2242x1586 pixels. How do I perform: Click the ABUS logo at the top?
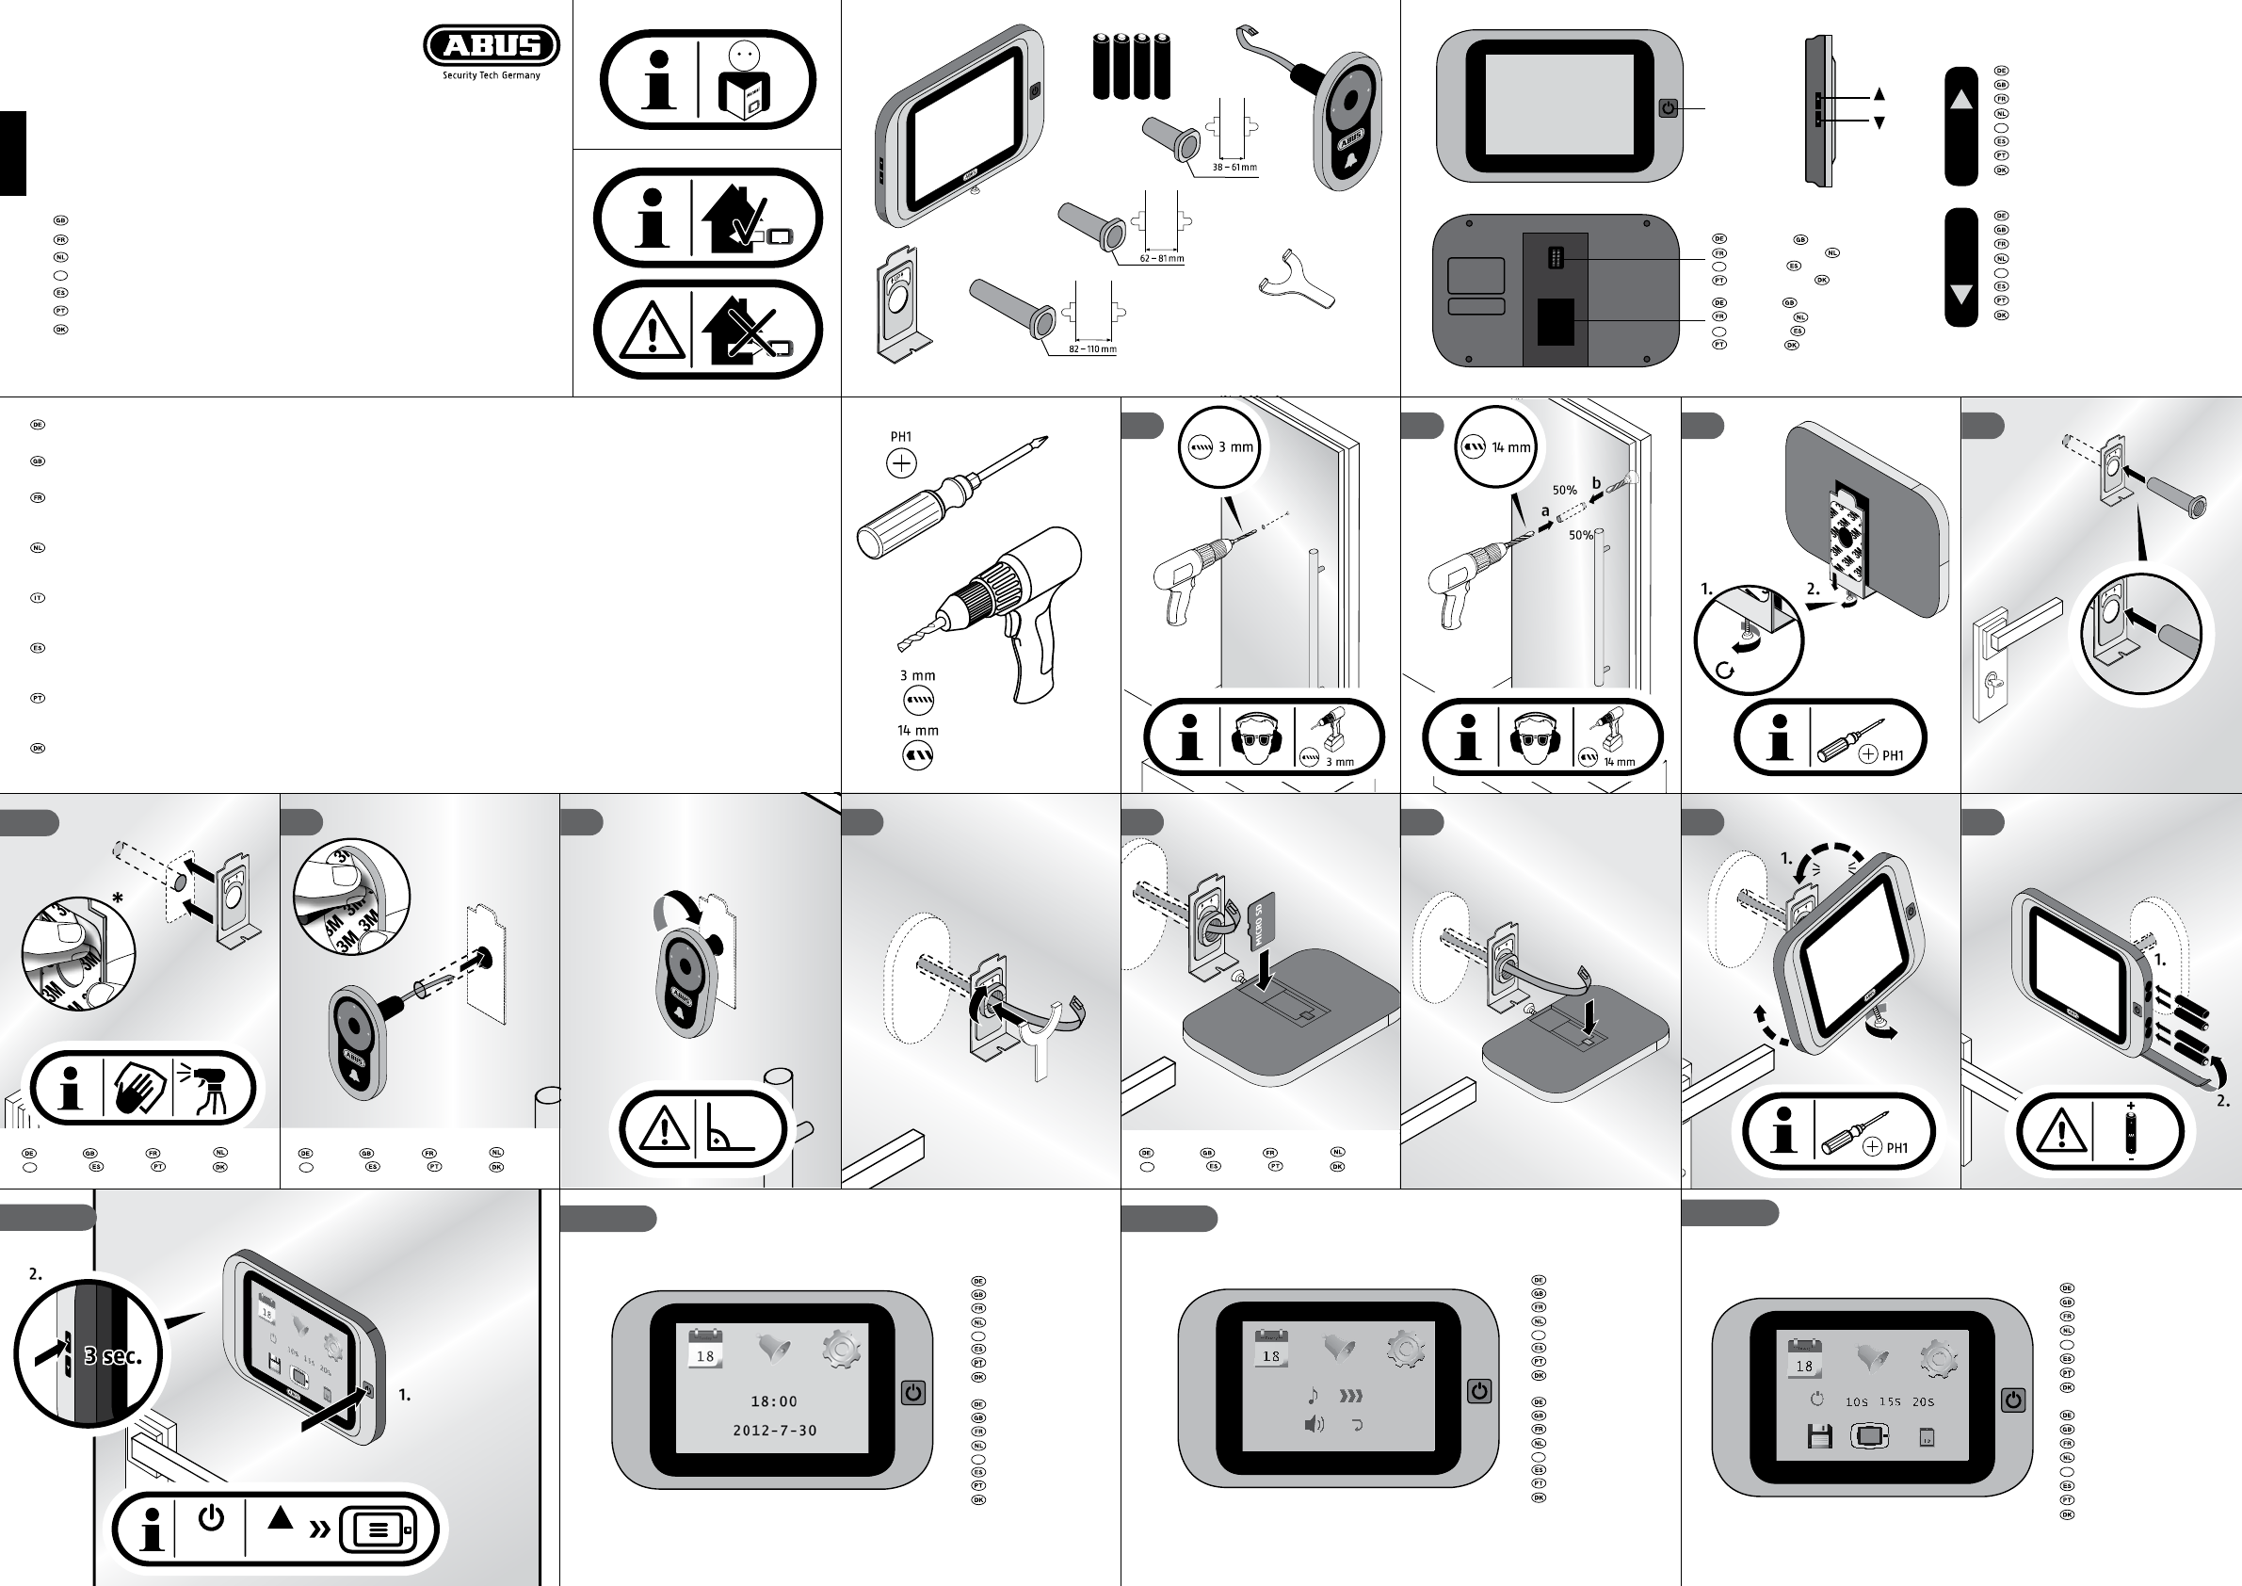(x=492, y=45)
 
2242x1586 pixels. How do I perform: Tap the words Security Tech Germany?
(x=492, y=75)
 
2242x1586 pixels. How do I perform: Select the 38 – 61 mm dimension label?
(x=1234, y=168)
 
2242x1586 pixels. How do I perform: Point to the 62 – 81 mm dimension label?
(x=1162, y=260)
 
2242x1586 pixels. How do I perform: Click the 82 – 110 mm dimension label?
(x=1092, y=349)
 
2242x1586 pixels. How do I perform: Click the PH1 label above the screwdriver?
(x=900, y=438)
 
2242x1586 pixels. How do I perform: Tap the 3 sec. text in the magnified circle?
(x=112, y=1355)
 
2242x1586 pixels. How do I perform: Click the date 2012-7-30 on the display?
(x=774, y=1431)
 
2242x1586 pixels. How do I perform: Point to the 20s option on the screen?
(x=1923, y=1402)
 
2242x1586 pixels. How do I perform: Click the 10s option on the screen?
(x=1856, y=1402)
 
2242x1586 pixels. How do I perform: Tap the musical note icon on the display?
(x=1314, y=1396)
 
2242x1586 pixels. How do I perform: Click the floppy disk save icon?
(x=1819, y=1436)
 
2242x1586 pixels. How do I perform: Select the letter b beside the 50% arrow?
(x=1597, y=483)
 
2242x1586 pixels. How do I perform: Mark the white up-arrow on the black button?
(x=1960, y=100)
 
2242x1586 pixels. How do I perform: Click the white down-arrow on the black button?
(x=1960, y=293)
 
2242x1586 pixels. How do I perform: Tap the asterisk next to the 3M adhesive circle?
(x=117, y=898)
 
